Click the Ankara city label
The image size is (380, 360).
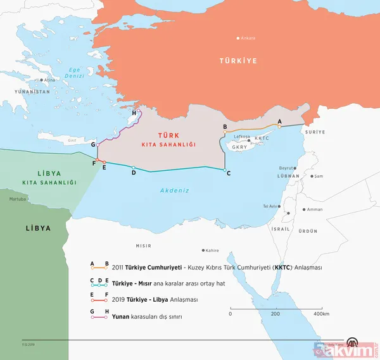[249, 38]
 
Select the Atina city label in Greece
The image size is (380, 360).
[50, 80]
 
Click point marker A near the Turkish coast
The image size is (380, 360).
[279, 126]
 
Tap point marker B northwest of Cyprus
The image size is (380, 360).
[225, 132]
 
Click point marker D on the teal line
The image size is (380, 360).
[133, 168]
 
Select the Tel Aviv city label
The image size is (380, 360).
[270, 206]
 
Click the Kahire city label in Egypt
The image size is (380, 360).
[212, 251]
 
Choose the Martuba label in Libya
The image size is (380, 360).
[18, 199]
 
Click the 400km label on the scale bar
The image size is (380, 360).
[322, 314]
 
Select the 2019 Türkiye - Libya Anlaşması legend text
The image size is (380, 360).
[161, 299]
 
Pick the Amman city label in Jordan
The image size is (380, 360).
[315, 209]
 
